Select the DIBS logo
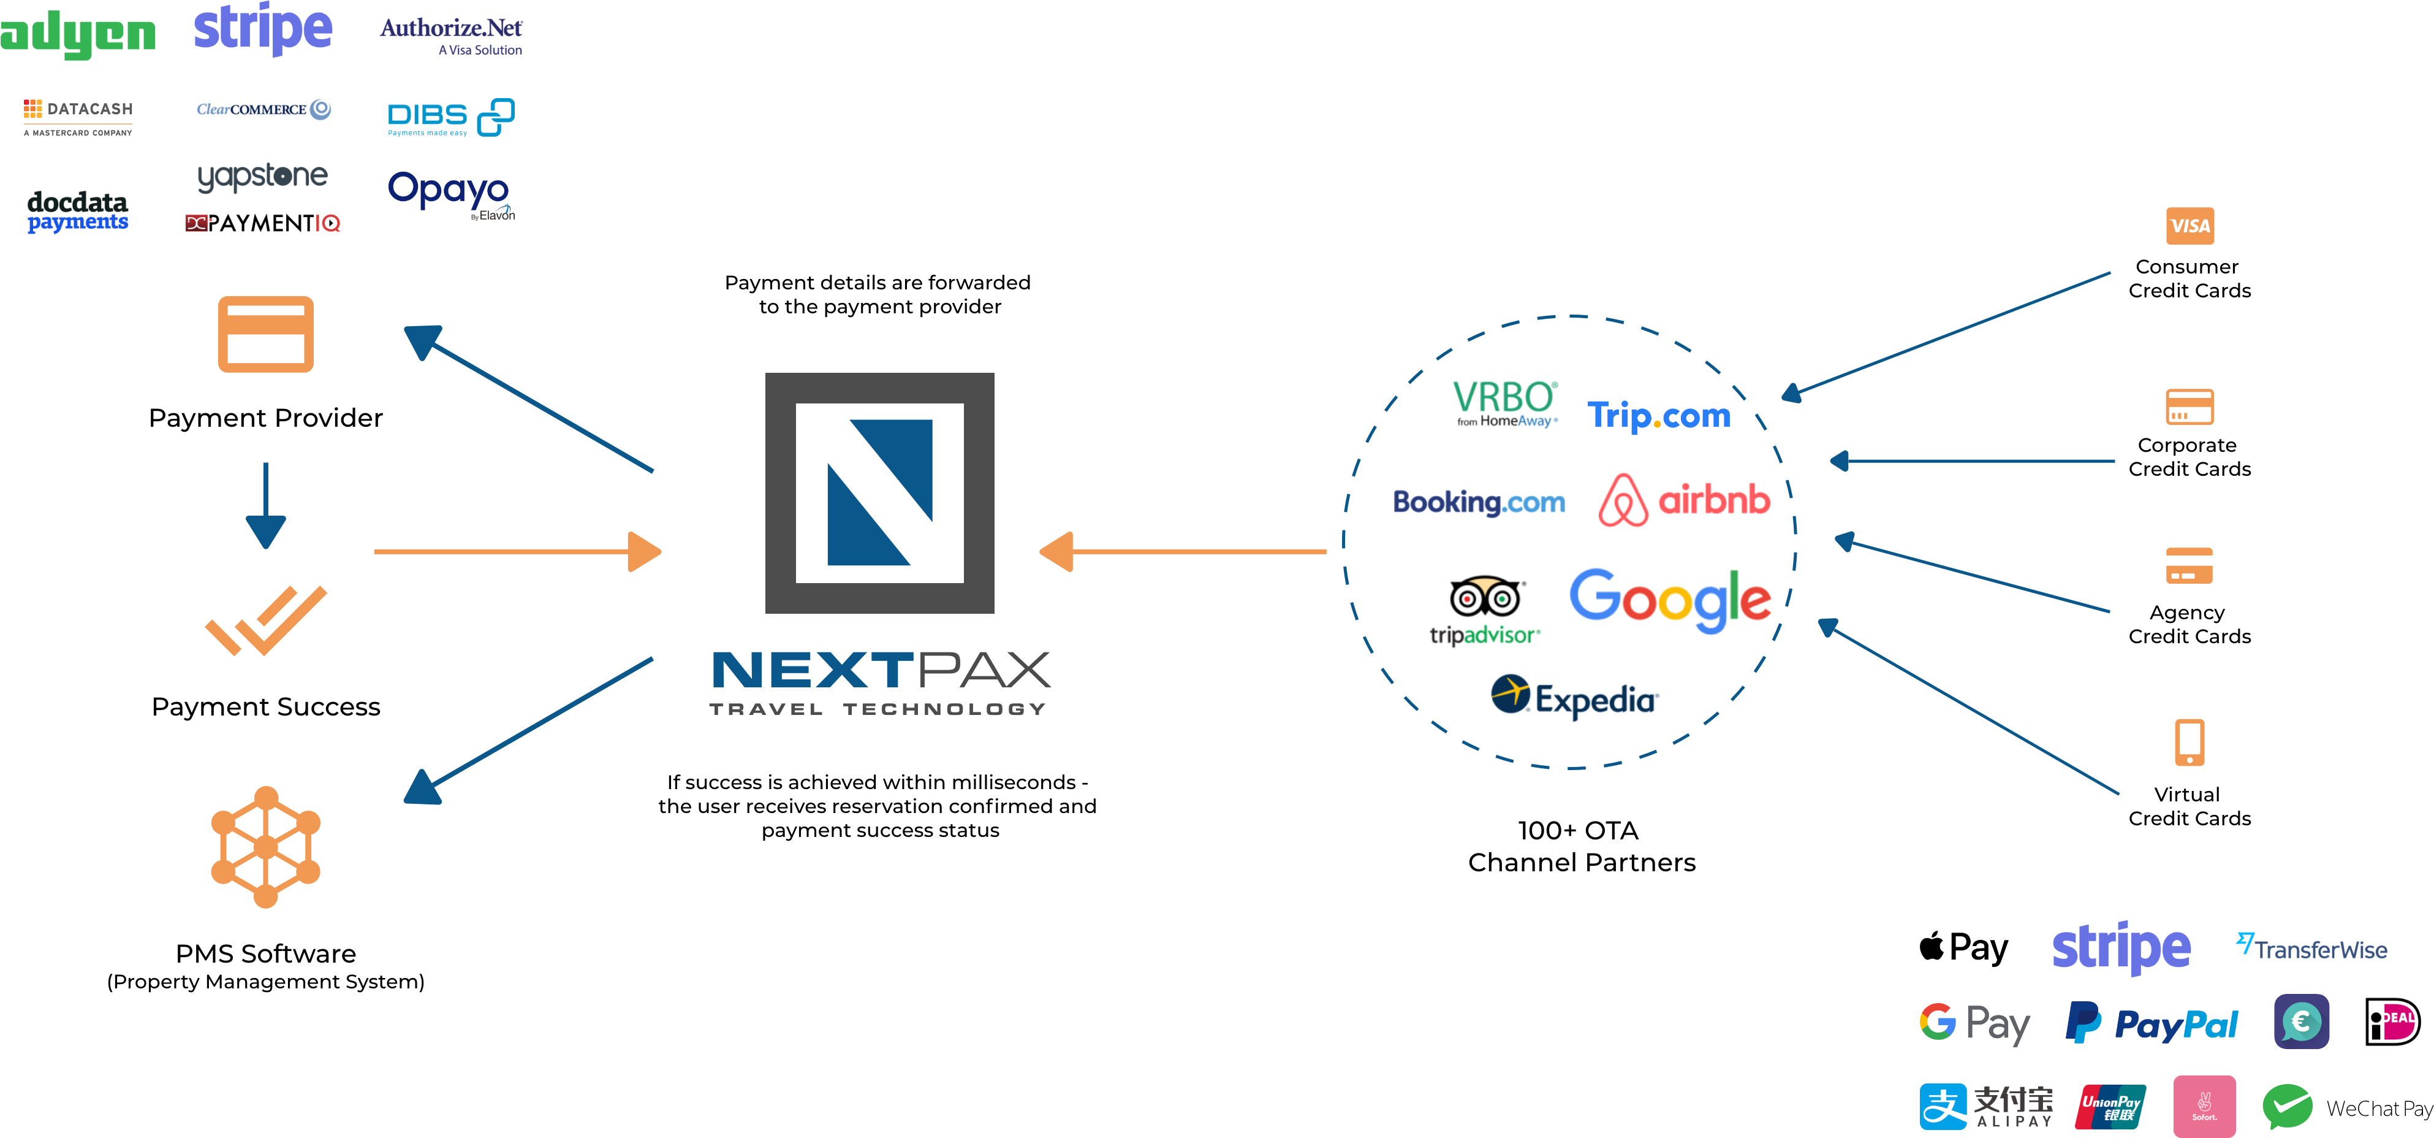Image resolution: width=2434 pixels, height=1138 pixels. (x=450, y=117)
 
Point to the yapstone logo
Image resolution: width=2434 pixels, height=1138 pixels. (x=263, y=177)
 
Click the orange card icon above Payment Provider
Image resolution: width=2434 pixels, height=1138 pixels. (x=265, y=335)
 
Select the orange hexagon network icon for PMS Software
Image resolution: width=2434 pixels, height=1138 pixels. (x=265, y=847)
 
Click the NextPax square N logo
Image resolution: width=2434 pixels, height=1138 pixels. (x=880, y=492)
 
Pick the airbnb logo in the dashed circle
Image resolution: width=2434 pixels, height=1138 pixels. (x=1684, y=500)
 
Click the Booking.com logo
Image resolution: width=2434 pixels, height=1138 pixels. (x=1479, y=502)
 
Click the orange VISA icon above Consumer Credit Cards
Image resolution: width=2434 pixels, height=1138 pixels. (x=2189, y=226)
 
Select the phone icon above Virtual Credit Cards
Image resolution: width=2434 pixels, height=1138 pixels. (x=2189, y=742)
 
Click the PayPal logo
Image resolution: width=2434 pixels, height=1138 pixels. (x=2152, y=1023)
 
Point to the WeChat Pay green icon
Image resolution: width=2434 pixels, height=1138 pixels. (x=2288, y=1107)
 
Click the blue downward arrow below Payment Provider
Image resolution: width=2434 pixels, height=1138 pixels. (x=265, y=506)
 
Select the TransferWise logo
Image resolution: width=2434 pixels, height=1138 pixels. (x=2311, y=947)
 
